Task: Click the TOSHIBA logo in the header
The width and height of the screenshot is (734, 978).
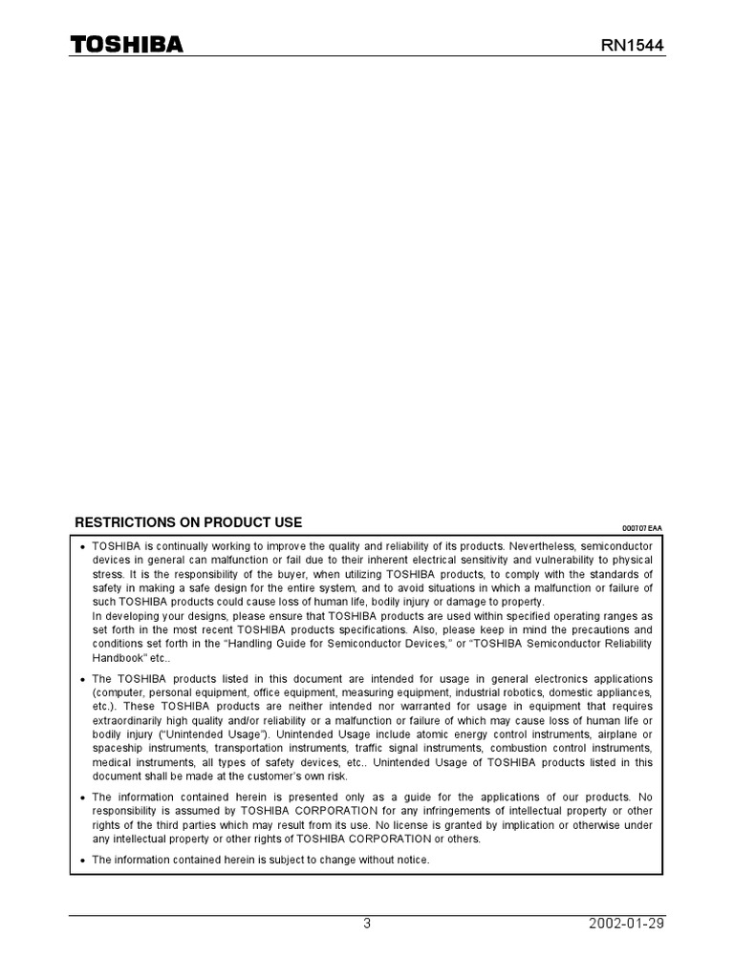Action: pyautogui.click(x=127, y=45)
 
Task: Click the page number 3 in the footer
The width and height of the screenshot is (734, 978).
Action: pyautogui.click(x=367, y=924)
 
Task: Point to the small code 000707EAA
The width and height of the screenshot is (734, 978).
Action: pyautogui.click(x=642, y=527)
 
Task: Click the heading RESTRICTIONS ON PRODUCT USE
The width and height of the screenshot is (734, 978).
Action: pyautogui.click(x=188, y=522)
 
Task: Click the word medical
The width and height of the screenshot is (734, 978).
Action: pyautogui.click(x=111, y=762)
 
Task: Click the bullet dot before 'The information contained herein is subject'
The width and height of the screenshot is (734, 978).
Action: pyautogui.click(x=83, y=861)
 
